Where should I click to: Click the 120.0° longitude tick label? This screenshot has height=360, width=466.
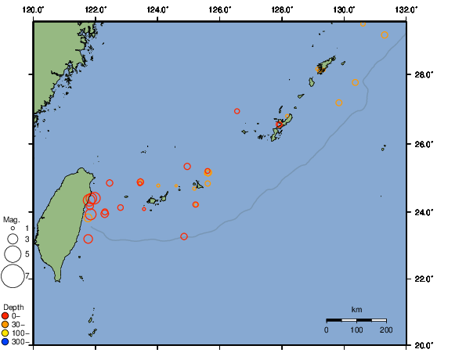(x=33, y=9)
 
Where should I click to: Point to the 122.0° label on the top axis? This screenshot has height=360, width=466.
(x=95, y=9)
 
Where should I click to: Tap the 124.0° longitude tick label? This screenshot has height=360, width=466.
(x=157, y=9)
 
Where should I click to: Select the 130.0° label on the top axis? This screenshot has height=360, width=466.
(x=343, y=9)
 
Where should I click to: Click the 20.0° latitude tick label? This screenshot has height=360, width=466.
(x=422, y=344)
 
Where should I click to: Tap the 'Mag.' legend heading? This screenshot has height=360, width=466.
(x=11, y=220)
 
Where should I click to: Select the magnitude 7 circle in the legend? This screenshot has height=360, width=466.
(x=13, y=275)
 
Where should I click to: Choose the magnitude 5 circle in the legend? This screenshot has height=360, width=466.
(x=13, y=254)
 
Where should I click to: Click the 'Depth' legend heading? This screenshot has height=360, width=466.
(x=13, y=306)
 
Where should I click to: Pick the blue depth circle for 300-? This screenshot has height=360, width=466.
(x=5, y=341)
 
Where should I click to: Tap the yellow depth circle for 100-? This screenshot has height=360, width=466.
(x=5, y=333)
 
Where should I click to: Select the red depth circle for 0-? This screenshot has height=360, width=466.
(x=5, y=315)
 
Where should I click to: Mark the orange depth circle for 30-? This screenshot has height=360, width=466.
(x=5, y=324)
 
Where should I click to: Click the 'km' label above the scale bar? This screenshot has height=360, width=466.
(x=356, y=310)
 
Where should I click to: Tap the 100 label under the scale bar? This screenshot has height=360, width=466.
(x=356, y=330)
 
